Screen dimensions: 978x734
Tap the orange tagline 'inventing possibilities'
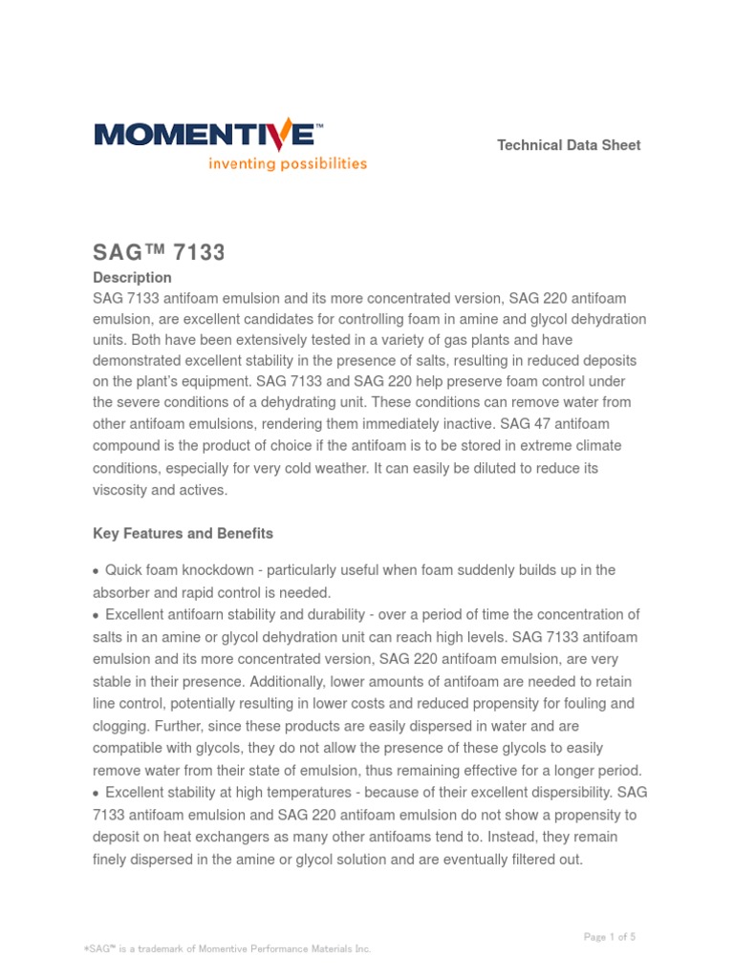tap(288, 163)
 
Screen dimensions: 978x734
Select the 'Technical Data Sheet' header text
tap(569, 145)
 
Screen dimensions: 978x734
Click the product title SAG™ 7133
tap(158, 252)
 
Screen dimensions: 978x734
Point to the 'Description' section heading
tap(132, 277)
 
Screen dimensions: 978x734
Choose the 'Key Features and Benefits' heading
tap(183, 533)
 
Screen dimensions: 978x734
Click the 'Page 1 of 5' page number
tap(609, 937)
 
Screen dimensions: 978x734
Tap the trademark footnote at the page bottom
tap(227, 948)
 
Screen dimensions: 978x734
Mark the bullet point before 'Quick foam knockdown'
tap(96, 571)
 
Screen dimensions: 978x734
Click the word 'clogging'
tap(120, 725)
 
